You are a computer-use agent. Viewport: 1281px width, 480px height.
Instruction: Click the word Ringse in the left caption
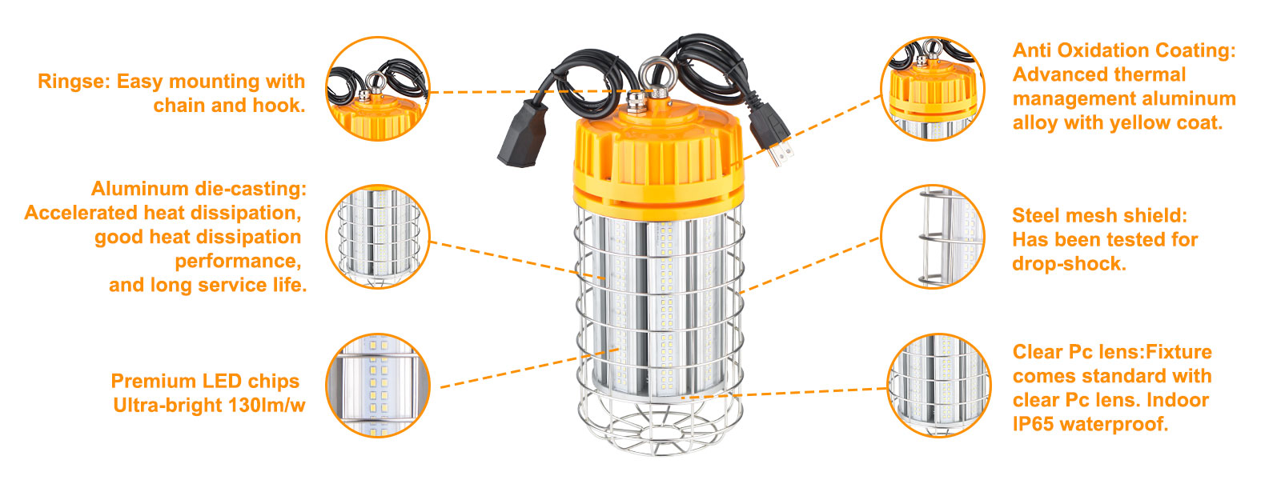coord(73,82)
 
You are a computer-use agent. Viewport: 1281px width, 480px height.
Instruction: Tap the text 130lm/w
coord(267,405)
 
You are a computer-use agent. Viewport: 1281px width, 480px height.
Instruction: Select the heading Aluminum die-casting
coord(199,189)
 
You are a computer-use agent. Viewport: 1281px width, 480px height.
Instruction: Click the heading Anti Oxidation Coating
coord(1124,51)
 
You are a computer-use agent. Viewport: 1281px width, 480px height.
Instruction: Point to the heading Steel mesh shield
coord(1099,215)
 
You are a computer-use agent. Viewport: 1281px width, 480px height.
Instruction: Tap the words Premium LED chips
coord(205,381)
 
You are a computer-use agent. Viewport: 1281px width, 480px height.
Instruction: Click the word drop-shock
coord(1069,264)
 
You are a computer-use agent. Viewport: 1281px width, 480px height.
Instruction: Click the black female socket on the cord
coord(522,135)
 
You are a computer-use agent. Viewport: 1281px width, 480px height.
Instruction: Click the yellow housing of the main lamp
coord(658,160)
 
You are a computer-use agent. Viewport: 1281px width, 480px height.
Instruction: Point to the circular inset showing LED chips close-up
coord(377,386)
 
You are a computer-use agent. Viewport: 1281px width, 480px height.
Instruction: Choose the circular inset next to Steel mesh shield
coord(932,237)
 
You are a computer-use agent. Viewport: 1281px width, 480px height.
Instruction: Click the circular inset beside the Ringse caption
coord(377,89)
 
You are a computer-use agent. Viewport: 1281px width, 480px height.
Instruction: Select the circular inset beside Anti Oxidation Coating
coord(932,89)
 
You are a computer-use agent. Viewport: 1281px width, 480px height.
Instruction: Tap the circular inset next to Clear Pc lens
coord(939,386)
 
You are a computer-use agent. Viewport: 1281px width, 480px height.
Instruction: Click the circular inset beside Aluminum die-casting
coord(377,237)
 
